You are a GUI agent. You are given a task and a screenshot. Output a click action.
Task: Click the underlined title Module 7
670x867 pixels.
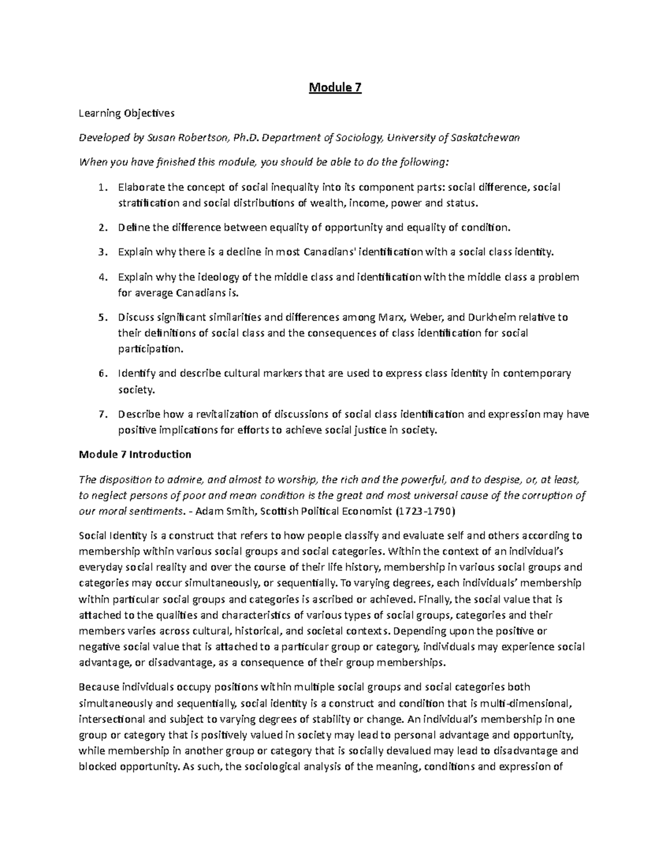click(335, 88)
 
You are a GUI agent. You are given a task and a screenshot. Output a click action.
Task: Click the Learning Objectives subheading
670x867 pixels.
click(127, 113)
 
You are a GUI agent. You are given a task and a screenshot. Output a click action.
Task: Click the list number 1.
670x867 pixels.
click(101, 188)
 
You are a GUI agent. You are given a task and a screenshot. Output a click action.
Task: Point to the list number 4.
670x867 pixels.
click(101, 277)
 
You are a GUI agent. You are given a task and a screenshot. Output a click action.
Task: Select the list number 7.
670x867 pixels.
click(101, 414)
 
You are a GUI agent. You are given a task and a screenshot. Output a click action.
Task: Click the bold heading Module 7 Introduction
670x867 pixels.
click(135, 454)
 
